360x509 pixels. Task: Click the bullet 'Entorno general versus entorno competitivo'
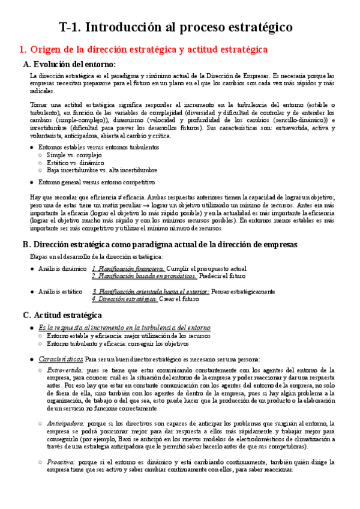(96, 182)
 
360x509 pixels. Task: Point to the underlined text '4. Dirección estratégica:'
(125, 298)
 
